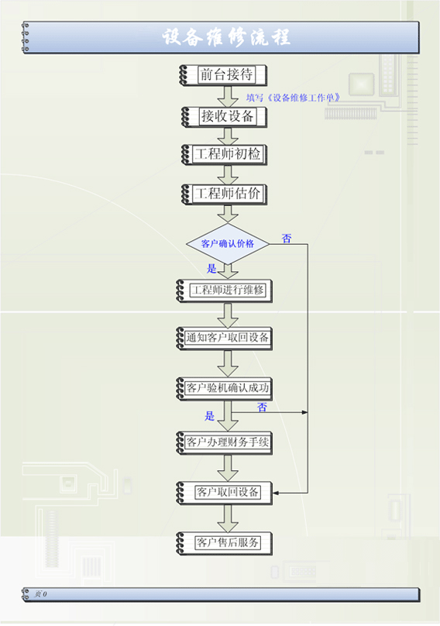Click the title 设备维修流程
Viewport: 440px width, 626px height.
point(226,37)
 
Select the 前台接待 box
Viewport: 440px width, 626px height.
point(223,74)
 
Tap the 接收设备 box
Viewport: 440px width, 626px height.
point(224,116)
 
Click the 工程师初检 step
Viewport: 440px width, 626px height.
point(224,154)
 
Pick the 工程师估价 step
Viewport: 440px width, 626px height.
point(224,194)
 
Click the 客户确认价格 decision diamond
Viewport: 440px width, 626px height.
point(228,243)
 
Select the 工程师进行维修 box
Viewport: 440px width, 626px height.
point(224,291)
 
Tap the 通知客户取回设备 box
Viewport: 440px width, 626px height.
point(224,338)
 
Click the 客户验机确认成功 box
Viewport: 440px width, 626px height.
point(224,388)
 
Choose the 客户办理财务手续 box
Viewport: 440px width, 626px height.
point(224,442)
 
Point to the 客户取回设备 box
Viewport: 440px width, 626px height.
point(224,493)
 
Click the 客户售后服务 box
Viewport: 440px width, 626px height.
point(224,543)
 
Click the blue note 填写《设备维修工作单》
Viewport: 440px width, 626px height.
point(294,98)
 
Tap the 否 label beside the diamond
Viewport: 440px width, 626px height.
point(287,239)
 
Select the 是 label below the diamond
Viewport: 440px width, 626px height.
point(211,268)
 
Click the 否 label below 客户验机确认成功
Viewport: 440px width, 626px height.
point(262,408)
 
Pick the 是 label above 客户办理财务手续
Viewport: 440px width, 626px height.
point(210,416)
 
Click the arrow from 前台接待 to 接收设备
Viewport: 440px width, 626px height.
point(228,96)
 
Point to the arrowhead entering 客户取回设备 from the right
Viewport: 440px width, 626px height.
point(276,493)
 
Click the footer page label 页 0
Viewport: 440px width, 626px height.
point(40,594)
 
